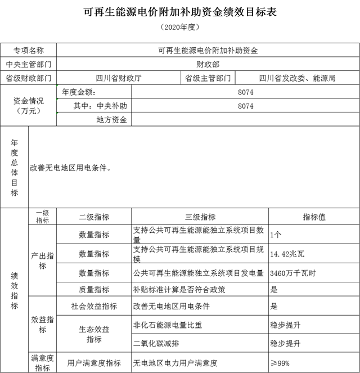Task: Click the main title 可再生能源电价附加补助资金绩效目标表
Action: tap(180, 11)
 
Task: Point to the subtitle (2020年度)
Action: tap(180, 26)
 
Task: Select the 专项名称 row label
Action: tap(29, 50)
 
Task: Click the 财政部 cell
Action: tap(208, 64)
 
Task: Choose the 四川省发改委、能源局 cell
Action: tap(297, 78)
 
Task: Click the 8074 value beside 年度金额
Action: tap(246, 92)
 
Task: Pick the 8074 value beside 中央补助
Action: tap(246, 106)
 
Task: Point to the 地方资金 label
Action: tap(112, 120)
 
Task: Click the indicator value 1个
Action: tap(276, 235)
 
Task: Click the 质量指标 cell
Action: tap(94, 289)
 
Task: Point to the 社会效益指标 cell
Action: tap(94, 306)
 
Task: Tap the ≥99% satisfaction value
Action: tap(280, 363)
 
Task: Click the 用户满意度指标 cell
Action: tap(94, 363)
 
